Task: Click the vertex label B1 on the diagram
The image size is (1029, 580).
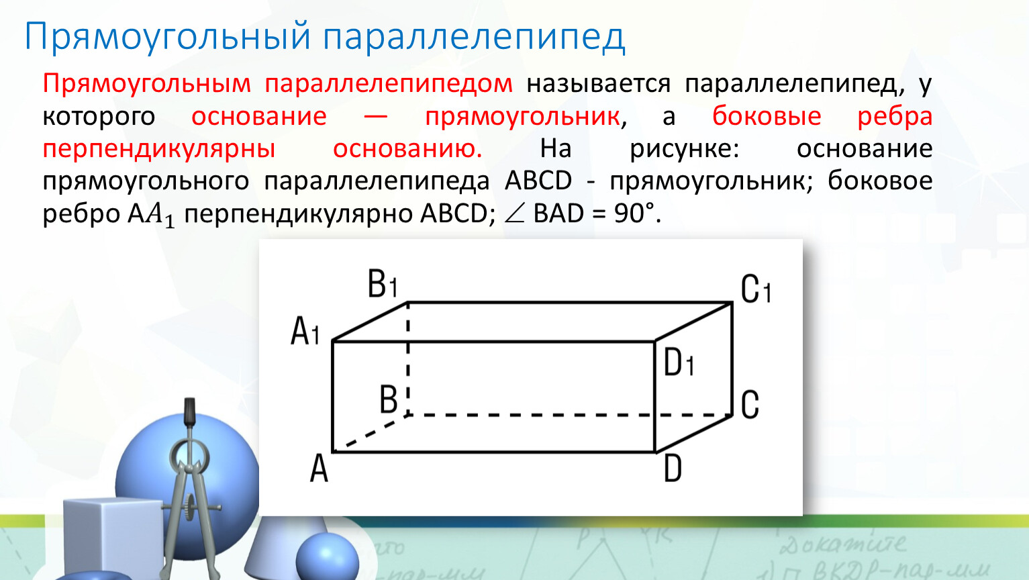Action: (x=382, y=283)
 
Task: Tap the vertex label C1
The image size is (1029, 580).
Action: (x=756, y=289)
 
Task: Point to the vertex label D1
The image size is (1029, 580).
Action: (x=679, y=362)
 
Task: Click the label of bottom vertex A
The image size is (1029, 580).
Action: (x=319, y=468)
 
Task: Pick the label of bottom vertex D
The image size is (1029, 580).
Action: (x=673, y=468)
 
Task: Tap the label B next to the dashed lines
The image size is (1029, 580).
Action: (x=389, y=399)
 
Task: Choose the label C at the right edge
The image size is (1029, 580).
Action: (x=750, y=404)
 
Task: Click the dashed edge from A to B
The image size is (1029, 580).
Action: (x=371, y=434)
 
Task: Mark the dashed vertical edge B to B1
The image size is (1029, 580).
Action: (x=408, y=359)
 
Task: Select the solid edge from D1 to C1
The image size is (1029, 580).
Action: (x=693, y=322)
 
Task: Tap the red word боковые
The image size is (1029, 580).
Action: (x=767, y=115)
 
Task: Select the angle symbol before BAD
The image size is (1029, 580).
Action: (x=514, y=214)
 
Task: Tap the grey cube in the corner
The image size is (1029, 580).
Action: (x=113, y=538)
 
